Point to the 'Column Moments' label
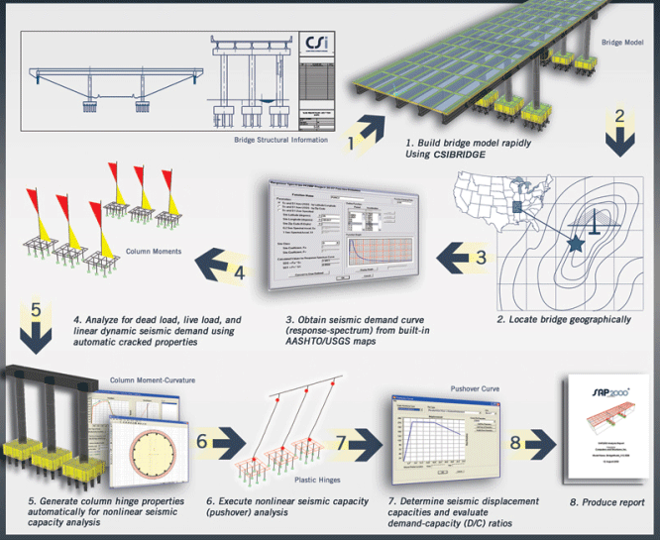(x=155, y=252)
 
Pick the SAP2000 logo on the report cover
(x=592, y=391)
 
